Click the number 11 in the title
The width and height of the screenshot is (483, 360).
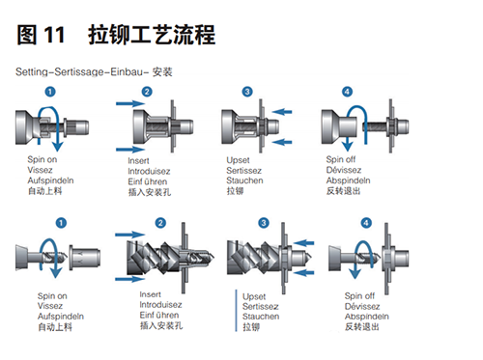pyautogui.click(x=54, y=35)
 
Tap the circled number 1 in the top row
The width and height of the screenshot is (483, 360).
pyautogui.click(x=50, y=92)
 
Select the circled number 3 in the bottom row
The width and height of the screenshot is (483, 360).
pyautogui.click(x=264, y=223)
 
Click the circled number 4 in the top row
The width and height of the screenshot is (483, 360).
pyautogui.click(x=347, y=92)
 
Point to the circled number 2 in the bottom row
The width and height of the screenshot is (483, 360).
pyautogui.click(x=160, y=223)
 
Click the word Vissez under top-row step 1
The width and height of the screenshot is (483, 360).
pyautogui.click(x=40, y=170)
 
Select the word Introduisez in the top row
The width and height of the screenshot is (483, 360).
pyautogui.click(x=149, y=171)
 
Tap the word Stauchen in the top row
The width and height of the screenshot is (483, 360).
pyautogui.click(x=244, y=180)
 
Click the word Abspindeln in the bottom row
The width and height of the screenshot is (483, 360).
pyautogui.click(x=367, y=317)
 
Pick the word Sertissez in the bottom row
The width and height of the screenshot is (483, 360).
pyautogui.click(x=261, y=307)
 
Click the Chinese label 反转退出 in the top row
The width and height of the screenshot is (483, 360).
pyautogui.click(x=343, y=191)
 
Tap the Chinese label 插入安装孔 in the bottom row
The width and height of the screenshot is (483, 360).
pyautogui.click(x=161, y=325)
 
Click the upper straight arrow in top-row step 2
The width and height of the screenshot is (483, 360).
pyautogui.click(x=130, y=103)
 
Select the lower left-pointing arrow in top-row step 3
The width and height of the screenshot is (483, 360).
pyautogui.click(x=282, y=142)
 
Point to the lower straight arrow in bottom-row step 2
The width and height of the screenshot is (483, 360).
pyautogui.click(x=129, y=279)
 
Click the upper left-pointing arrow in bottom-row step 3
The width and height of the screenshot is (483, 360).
pyautogui.click(x=303, y=242)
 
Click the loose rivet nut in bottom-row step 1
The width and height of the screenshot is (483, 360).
pyautogui.click(x=85, y=256)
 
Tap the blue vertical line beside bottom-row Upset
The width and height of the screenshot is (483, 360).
pyautogui.click(x=236, y=311)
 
